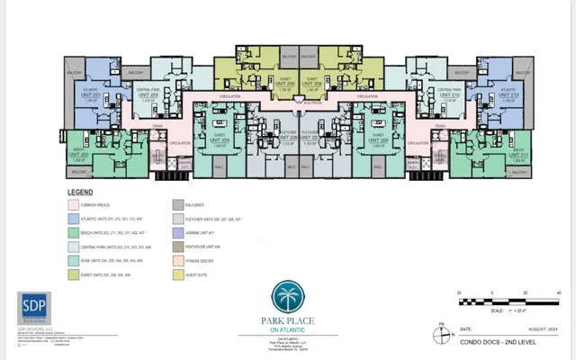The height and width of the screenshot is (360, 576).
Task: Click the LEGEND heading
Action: [80, 193]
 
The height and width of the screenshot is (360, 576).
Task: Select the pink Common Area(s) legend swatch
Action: [75, 205]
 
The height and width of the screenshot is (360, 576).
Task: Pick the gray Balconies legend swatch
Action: [177, 205]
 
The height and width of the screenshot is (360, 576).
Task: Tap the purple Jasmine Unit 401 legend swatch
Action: [177, 232]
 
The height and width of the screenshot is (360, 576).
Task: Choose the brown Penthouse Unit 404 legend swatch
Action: [177, 246]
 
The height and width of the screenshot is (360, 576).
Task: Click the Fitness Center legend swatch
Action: [177, 259]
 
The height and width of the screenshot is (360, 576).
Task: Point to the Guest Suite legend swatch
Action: [177, 273]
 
